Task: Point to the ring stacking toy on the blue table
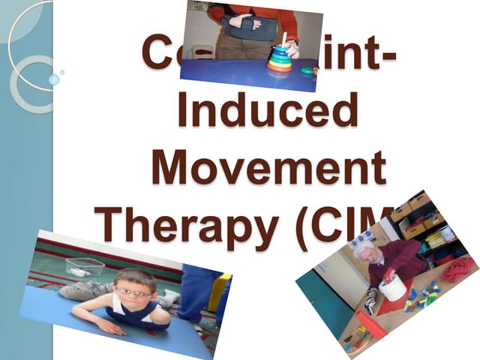pos(279,58)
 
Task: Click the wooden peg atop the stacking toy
pos(283,38)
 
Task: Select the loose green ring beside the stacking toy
pos(307,71)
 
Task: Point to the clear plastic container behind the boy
pos(84,267)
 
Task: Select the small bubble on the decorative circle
pos(53,79)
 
